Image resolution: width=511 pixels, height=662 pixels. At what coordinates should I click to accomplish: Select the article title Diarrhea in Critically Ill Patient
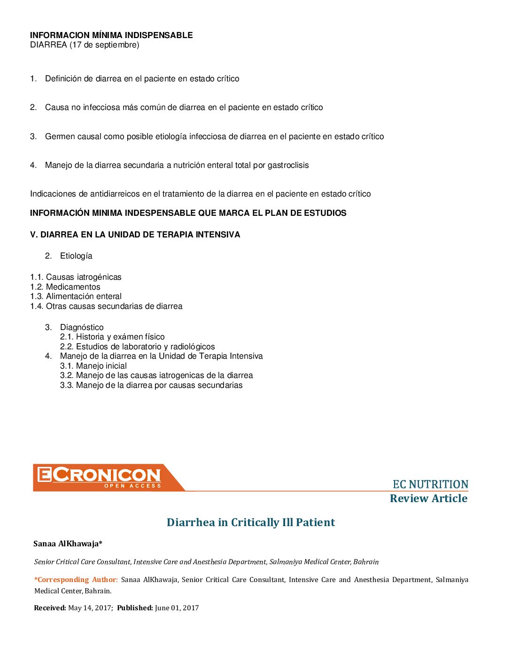point(251,522)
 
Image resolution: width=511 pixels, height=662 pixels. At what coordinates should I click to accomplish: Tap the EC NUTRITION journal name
point(430,484)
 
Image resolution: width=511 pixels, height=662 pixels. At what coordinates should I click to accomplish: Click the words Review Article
point(428,498)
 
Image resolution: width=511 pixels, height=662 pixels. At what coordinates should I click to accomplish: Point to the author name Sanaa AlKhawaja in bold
point(68,544)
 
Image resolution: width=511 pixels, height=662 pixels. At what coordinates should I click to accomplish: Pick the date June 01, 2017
point(177,608)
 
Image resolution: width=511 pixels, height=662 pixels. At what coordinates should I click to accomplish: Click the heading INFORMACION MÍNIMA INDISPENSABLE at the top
point(111,35)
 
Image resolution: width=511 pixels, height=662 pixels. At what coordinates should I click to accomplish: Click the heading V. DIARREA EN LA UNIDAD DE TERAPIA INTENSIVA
point(135,235)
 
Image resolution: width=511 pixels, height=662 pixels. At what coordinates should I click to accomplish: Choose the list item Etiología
point(76,256)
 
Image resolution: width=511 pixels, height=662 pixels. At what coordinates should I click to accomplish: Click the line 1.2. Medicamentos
point(65,287)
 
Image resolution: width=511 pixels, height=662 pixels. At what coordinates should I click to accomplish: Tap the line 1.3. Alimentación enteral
point(76,297)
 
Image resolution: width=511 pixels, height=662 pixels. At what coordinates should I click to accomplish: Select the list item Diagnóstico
point(82,327)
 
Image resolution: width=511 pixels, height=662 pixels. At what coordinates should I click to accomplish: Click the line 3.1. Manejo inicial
point(93,366)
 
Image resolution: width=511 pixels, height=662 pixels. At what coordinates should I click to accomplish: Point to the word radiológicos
point(192,347)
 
